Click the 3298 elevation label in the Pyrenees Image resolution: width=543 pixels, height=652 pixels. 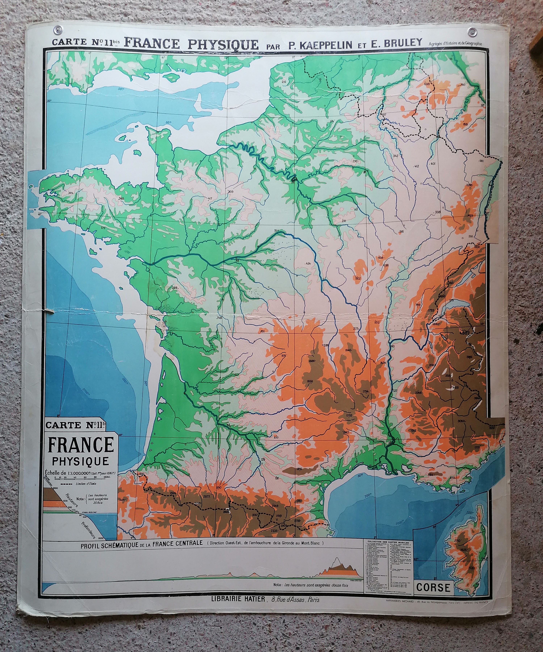[197, 504]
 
